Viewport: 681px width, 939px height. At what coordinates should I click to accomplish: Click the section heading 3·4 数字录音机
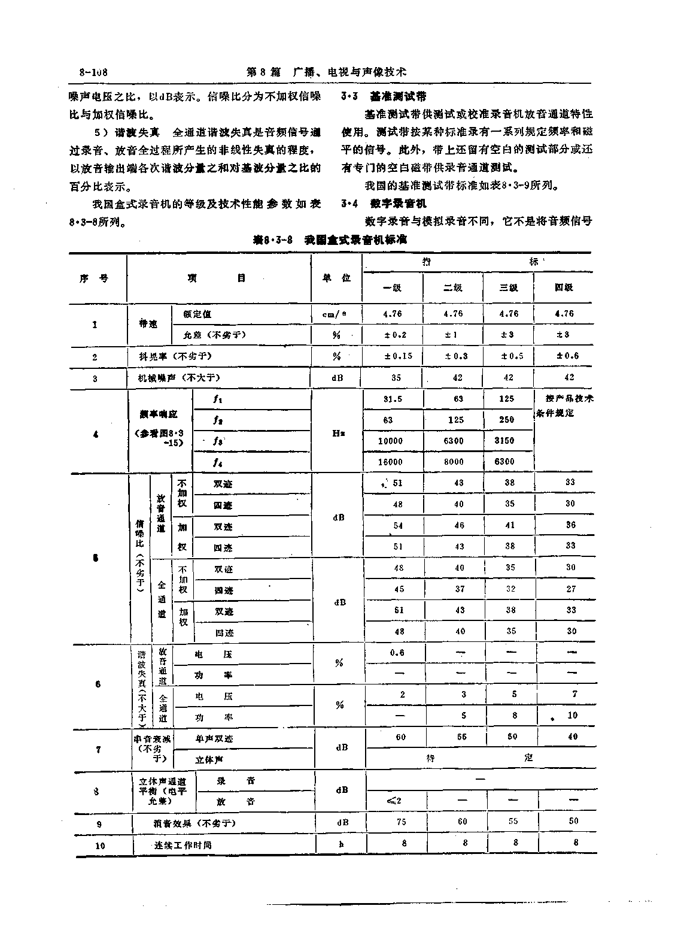(x=384, y=204)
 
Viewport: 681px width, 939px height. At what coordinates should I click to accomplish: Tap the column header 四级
(x=564, y=287)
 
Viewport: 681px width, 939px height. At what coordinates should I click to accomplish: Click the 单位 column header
(x=337, y=278)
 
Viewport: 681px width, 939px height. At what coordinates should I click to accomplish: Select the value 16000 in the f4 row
(x=391, y=462)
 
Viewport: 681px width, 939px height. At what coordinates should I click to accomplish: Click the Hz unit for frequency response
(x=337, y=433)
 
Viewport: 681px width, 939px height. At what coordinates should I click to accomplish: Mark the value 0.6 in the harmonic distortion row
(x=397, y=653)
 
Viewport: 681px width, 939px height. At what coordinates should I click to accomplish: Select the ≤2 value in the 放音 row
(x=394, y=801)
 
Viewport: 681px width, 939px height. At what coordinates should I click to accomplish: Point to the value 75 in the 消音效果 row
(x=401, y=822)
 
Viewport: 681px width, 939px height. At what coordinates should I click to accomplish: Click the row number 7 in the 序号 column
(x=98, y=749)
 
